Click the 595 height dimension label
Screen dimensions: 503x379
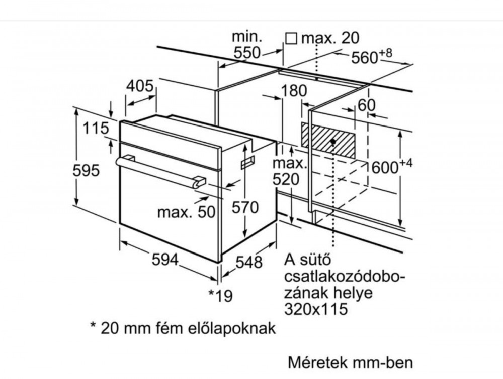pos(86,170)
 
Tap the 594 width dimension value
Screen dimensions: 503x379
pos(165,259)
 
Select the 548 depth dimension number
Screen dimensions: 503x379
pos(249,262)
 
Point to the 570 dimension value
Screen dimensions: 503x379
pos(245,207)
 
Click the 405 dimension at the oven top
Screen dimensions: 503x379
pos(140,86)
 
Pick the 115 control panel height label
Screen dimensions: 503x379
pos(96,129)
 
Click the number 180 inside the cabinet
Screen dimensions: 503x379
pos(294,91)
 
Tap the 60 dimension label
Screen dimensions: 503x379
pos(366,105)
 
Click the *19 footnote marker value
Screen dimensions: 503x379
pos(221,296)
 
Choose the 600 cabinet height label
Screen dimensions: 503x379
pos(391,166)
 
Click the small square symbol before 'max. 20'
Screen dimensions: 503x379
pos(291,39)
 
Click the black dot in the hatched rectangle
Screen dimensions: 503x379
pos(333,141)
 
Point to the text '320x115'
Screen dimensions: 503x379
pos(316,309)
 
